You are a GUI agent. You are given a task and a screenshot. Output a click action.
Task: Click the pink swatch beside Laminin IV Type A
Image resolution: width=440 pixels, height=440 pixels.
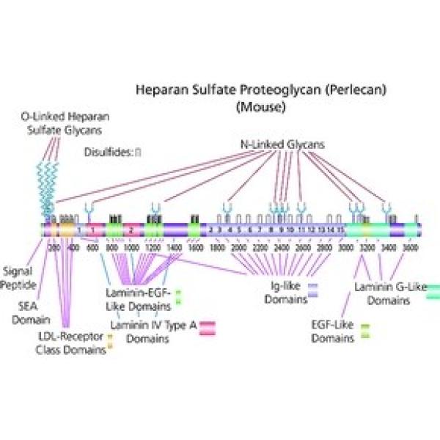(202, 327)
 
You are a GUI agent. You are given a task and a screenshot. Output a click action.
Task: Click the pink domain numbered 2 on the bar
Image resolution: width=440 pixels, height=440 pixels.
(131, 230)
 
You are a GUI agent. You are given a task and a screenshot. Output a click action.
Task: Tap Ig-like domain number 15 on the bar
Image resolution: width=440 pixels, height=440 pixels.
(340, 230)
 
